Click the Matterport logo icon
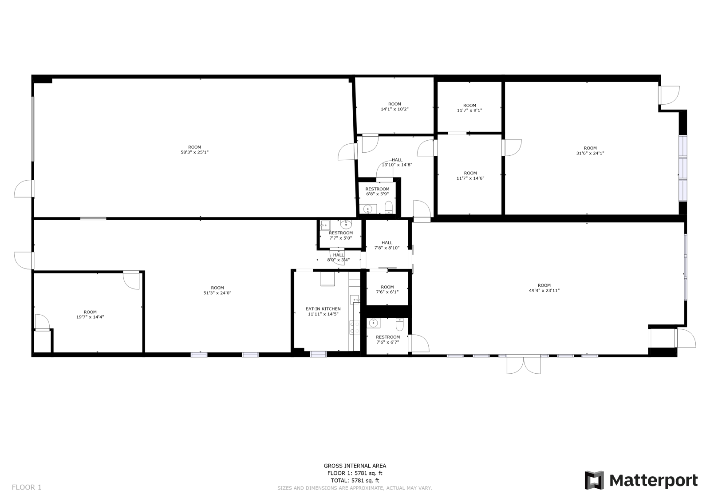(x=594, y=480)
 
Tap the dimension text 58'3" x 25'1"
(x=194, y=152)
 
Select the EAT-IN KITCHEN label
(x=323, y=309)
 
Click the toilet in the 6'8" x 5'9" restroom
(x=389, y=207)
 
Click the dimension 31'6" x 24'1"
(x=590, y=153)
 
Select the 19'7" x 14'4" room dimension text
(x=90, y=317)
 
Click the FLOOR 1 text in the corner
(x=27, y=487)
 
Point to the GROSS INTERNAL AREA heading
(x=355, y=466)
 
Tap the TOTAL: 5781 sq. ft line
(x=355, y=480)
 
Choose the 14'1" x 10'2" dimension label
(x=394, y=109)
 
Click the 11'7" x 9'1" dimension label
(x=469, y=111)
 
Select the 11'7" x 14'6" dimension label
(x=470, y=178)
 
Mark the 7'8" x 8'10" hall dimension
(x=387, y=248)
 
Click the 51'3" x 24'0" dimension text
(x=217, y=293)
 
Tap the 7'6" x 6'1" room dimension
(x=387, y=292)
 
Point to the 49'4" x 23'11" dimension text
(x=544, y=291)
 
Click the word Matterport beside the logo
(x=653, y=481)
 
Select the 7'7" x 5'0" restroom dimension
(x=341, y=238)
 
